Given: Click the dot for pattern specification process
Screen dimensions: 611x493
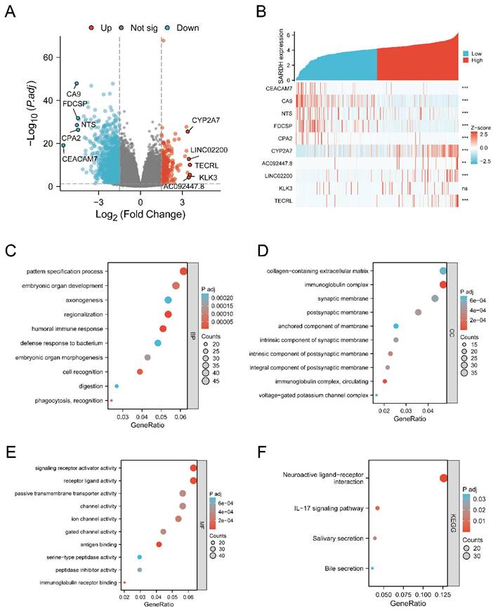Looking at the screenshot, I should (184, 271).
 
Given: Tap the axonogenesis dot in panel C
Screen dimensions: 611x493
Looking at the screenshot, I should (169, 300).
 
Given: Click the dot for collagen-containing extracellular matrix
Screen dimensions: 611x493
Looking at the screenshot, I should (443, 270).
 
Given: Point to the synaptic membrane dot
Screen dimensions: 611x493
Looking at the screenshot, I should (435, 298).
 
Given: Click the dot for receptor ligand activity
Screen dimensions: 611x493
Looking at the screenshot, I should (193, 480).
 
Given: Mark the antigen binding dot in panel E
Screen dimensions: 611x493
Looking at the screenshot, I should (159, 544).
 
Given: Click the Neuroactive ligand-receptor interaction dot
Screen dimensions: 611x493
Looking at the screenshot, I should (443, 478).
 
